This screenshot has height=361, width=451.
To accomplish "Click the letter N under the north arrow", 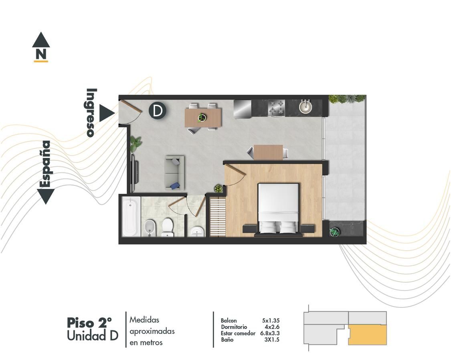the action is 41,54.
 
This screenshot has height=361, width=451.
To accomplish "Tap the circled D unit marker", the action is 157,111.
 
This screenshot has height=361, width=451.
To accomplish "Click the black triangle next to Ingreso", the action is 107,113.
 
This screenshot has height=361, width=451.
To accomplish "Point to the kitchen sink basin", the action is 305,107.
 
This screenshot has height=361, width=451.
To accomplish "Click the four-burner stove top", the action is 276,108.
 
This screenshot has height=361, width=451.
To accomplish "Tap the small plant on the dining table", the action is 202,118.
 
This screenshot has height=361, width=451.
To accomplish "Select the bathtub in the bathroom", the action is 131,217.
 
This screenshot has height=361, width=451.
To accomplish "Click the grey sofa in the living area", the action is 175,173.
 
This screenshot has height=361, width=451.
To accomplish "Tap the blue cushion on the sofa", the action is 175,186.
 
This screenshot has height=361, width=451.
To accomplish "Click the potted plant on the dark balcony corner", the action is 334,232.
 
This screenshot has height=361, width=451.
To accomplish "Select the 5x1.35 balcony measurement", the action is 271,320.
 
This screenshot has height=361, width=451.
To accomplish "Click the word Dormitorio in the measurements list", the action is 234,327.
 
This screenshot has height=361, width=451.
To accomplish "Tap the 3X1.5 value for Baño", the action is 272,340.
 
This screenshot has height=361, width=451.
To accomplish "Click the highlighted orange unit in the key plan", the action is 367,335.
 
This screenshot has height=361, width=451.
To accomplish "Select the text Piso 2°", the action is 89,323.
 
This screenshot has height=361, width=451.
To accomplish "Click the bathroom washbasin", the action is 197,231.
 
